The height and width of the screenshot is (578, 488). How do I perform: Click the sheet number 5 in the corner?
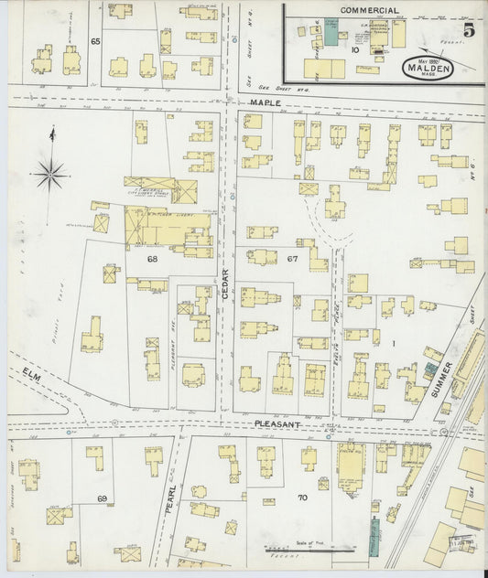click(469, 29)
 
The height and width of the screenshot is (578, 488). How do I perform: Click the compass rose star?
click(52, 170)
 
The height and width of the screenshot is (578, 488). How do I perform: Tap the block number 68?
click(153, 259)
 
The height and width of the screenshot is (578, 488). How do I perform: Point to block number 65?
click(95, 41)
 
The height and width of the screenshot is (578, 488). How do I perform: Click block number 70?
click(302, 498)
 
